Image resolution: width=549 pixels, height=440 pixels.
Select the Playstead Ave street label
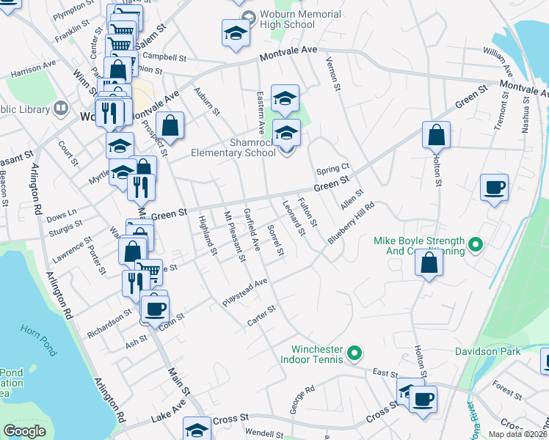245,293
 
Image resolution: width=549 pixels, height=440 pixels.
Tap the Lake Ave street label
170,416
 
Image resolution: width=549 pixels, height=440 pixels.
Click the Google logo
25,431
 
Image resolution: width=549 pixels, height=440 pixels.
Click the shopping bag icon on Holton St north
436,135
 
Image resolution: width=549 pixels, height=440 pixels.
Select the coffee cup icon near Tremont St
495,187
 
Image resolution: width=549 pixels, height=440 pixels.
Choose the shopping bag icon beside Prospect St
170,125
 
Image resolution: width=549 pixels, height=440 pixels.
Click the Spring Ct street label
332,169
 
